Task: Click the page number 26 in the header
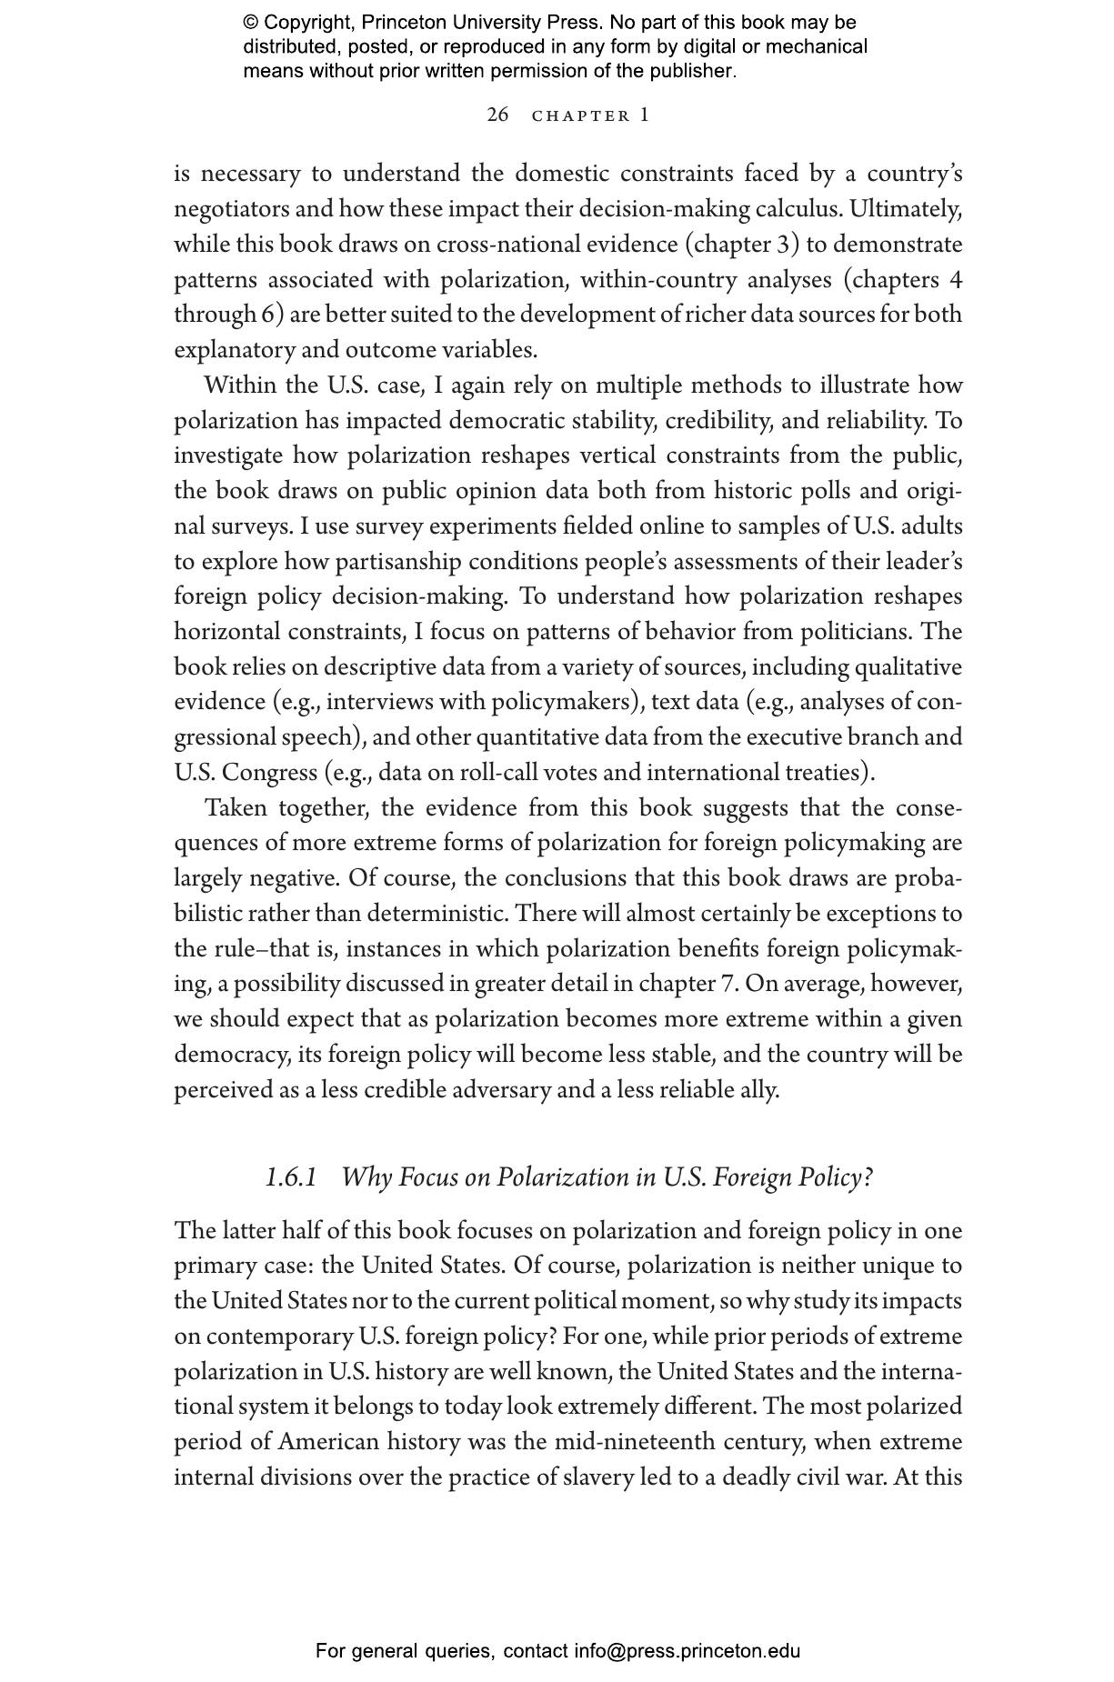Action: coord(497,115)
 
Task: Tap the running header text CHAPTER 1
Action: coord(590,115)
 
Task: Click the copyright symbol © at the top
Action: coord(250,23)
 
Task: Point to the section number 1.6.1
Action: coord(291,1177)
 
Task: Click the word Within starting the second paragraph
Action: coord(239,385)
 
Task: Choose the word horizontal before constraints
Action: coord(227,632)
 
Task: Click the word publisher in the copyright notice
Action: coord(690,71)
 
